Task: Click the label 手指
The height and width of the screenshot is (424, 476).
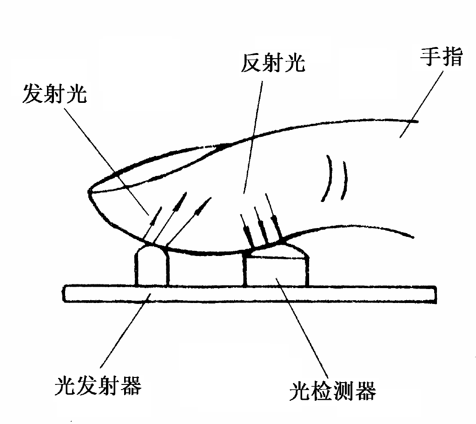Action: pyautogui.click(x=441, y=59)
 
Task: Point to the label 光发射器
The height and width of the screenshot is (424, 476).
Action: pyautogui.click(x=98, y=385)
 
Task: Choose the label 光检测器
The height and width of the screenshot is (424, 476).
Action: pyautogui.click(x=332, y=391)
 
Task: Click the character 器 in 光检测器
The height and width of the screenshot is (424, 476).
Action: pyautogui.click(x=366, y=391)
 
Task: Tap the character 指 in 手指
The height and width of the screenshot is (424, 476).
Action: pyautogui.click(x=453, y=59)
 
